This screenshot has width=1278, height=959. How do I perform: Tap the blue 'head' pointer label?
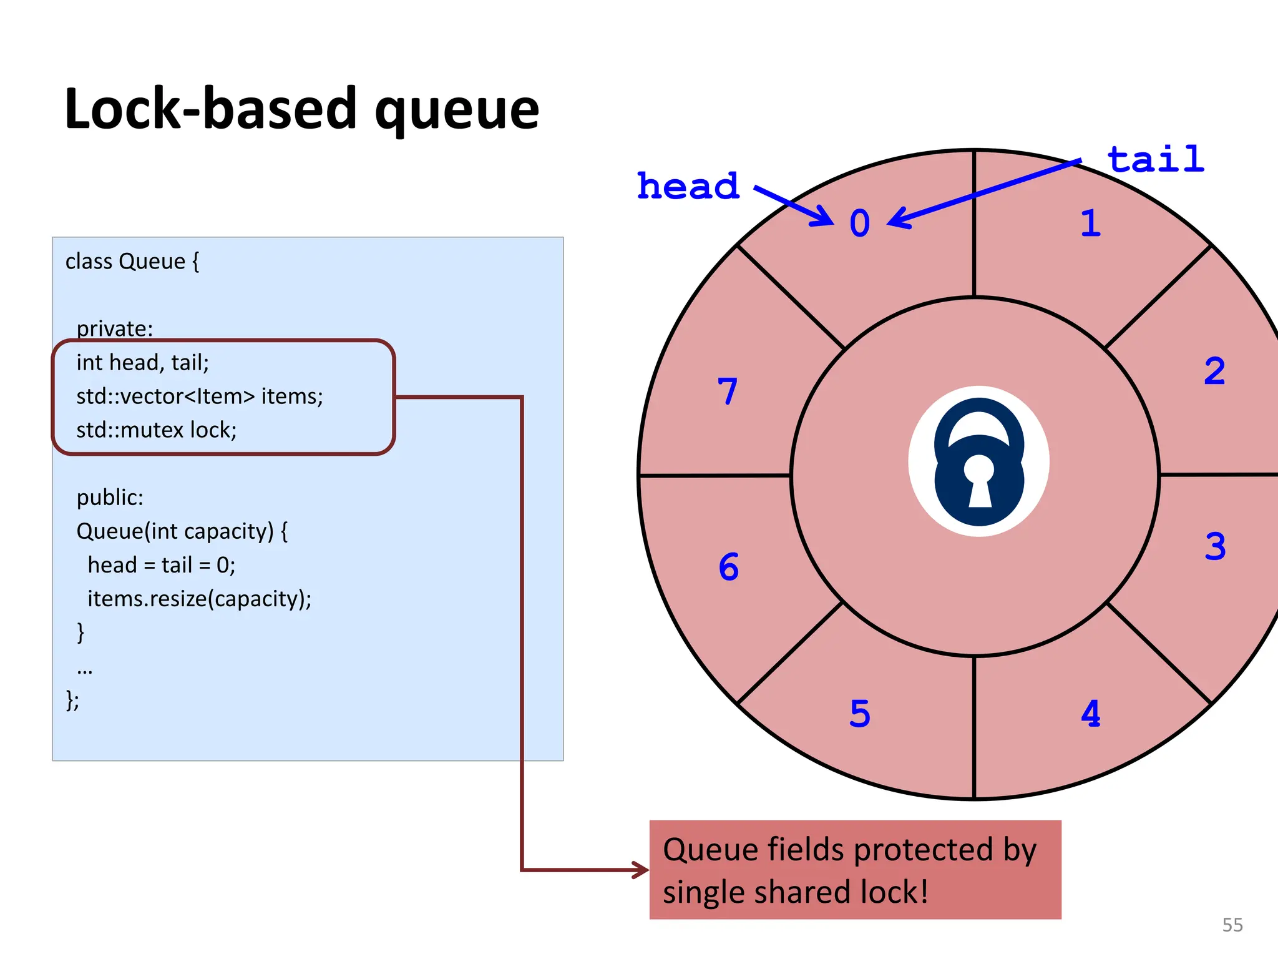688,186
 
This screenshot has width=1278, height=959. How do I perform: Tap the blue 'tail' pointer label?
1155,159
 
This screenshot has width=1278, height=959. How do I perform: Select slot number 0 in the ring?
859,224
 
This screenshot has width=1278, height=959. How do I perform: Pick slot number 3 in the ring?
1214,546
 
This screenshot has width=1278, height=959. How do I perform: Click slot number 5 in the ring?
859,713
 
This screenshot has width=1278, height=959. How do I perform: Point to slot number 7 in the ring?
728,391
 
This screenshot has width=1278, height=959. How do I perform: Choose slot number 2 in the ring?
1214,371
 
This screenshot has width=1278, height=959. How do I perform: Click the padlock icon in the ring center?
978,462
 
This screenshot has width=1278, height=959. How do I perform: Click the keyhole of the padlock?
979,481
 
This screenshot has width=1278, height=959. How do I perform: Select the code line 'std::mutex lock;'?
156,430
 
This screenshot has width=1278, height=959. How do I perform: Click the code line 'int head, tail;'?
142,363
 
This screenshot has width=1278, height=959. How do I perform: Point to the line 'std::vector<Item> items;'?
200,396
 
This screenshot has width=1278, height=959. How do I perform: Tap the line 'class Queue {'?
132,261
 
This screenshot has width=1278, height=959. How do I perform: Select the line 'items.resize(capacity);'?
199,599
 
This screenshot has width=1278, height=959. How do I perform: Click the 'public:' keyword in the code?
110,498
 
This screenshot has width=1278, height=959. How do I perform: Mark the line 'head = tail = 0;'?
161,565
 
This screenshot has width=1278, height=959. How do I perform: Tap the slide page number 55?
1232,925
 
